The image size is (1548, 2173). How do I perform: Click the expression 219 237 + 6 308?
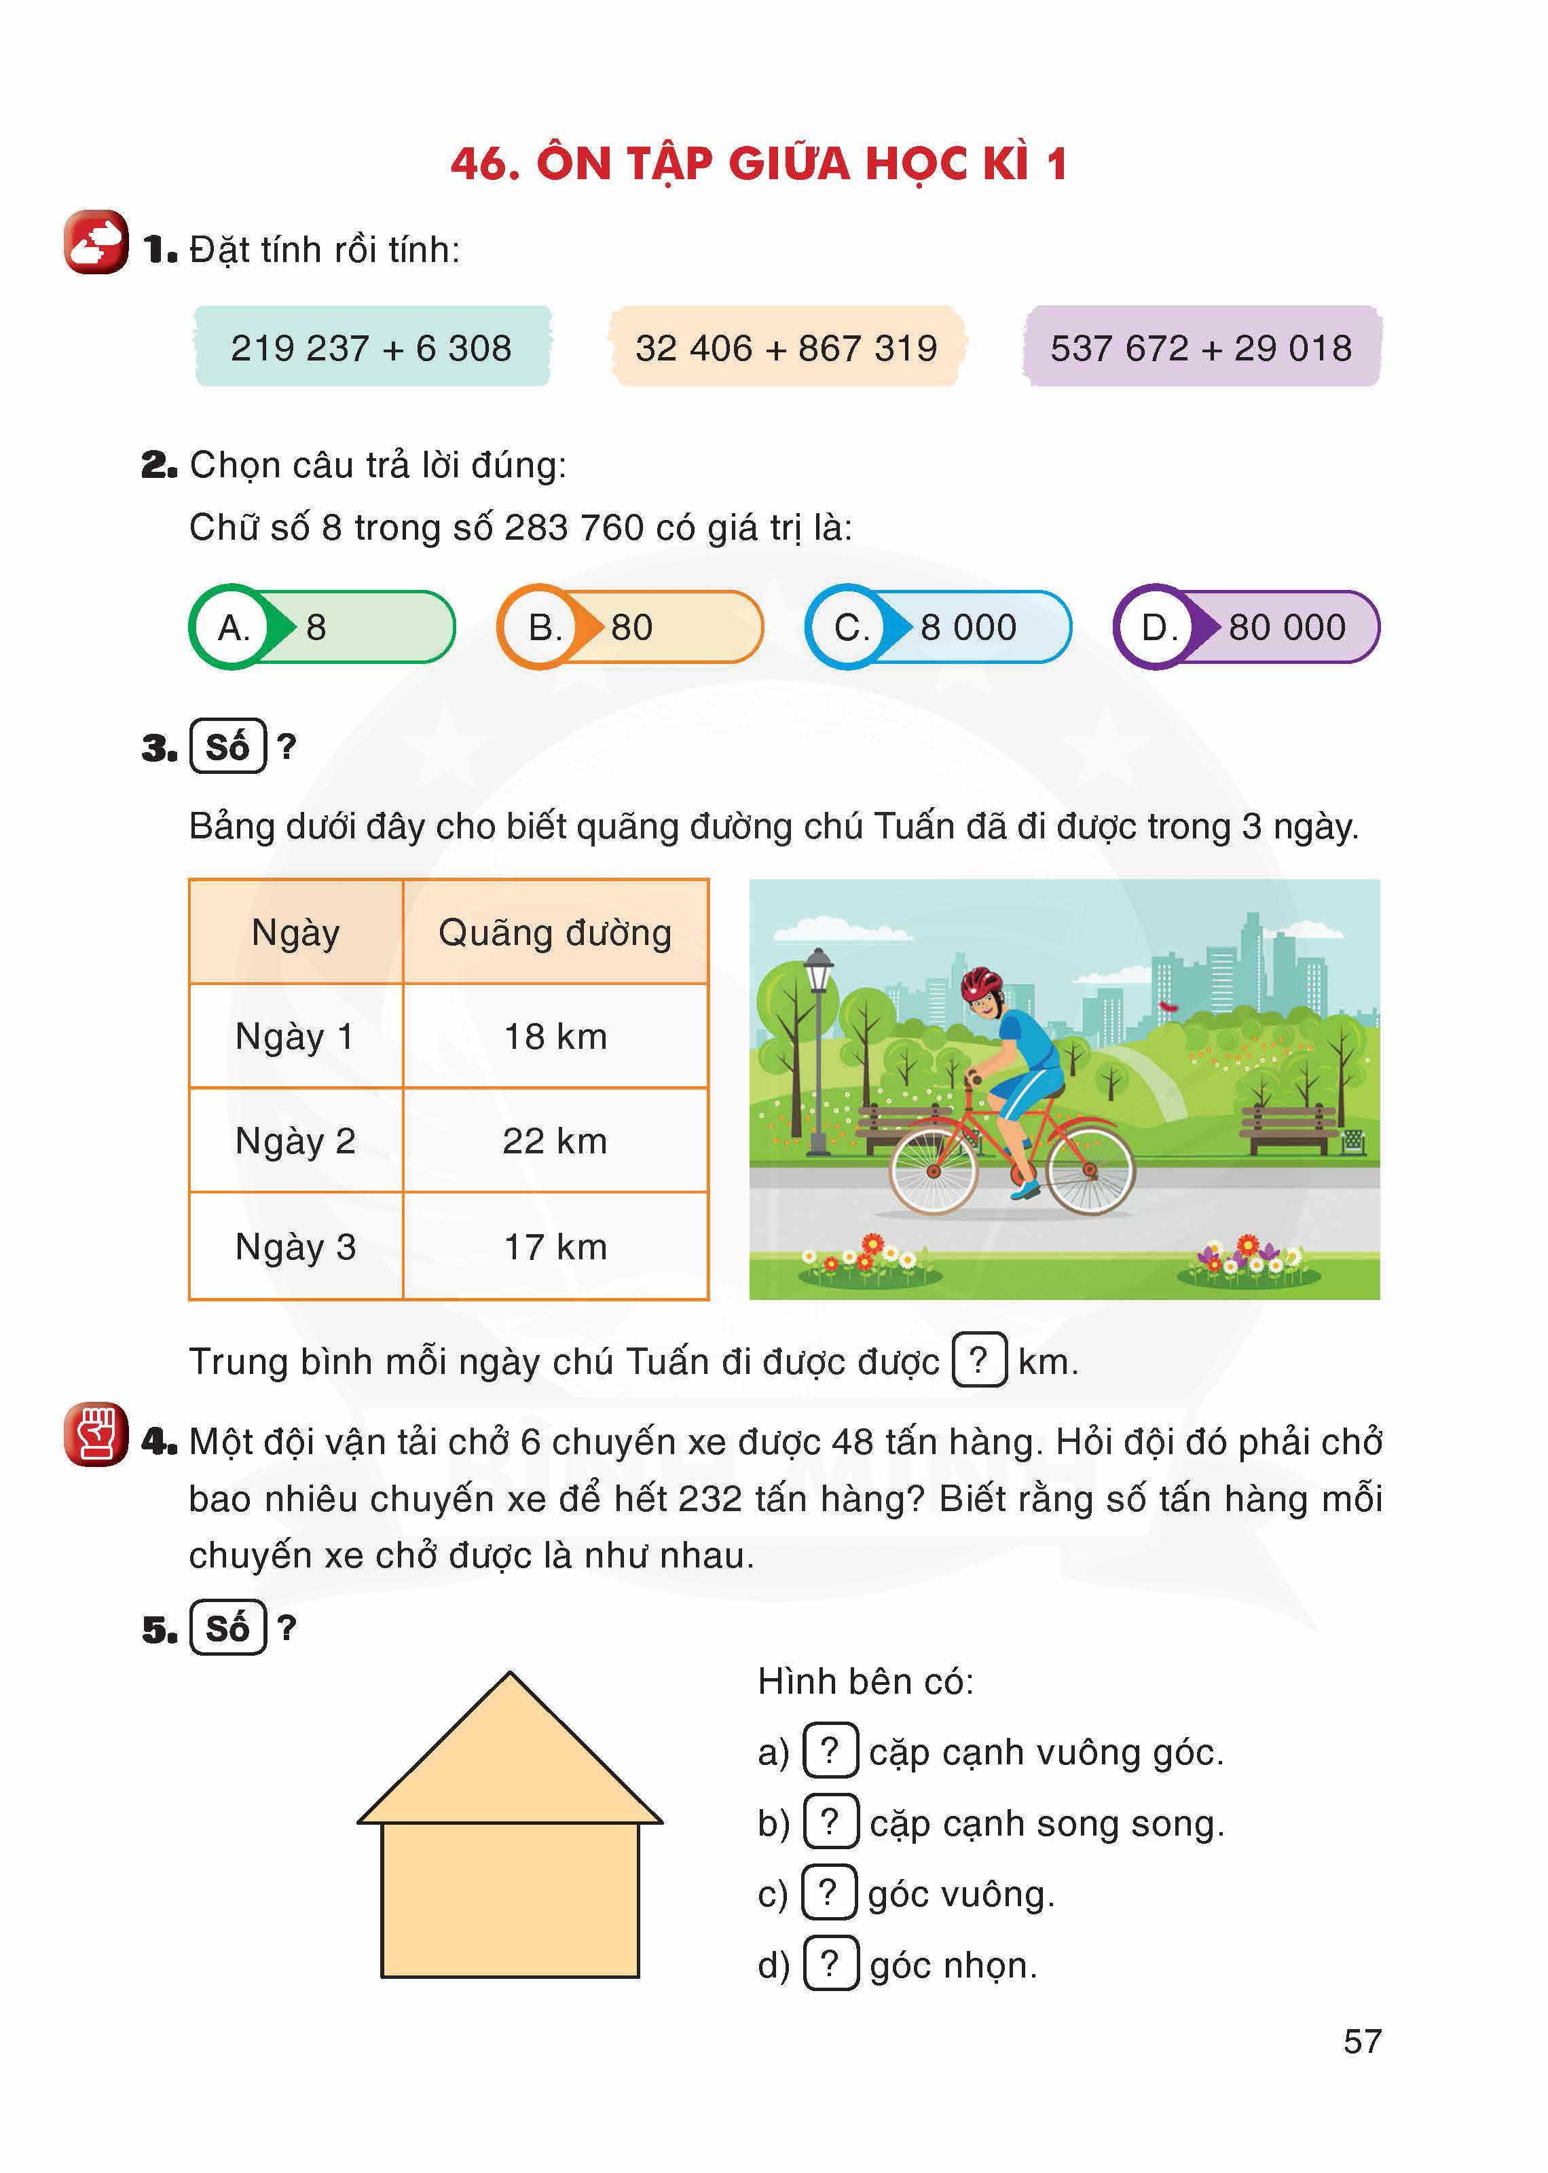pos(372,347)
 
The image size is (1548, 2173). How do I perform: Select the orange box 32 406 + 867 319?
pos(786,347)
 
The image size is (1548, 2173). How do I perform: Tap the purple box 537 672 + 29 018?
pos(1201,347)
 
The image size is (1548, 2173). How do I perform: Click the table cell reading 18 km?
pos(555,1036)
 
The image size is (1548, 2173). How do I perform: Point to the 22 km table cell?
pos(555,1141)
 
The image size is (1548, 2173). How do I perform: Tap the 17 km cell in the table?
pos(555,1246)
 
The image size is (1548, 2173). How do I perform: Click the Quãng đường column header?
pos(555,932)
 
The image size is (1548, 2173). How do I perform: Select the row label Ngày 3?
pos(295,1246)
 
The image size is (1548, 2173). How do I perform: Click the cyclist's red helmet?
pos(981,981)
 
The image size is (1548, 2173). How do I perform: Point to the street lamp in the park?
pos(819,1048)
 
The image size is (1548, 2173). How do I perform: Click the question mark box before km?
pos(979,1360)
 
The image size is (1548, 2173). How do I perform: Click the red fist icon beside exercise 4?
pos(95,1434)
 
